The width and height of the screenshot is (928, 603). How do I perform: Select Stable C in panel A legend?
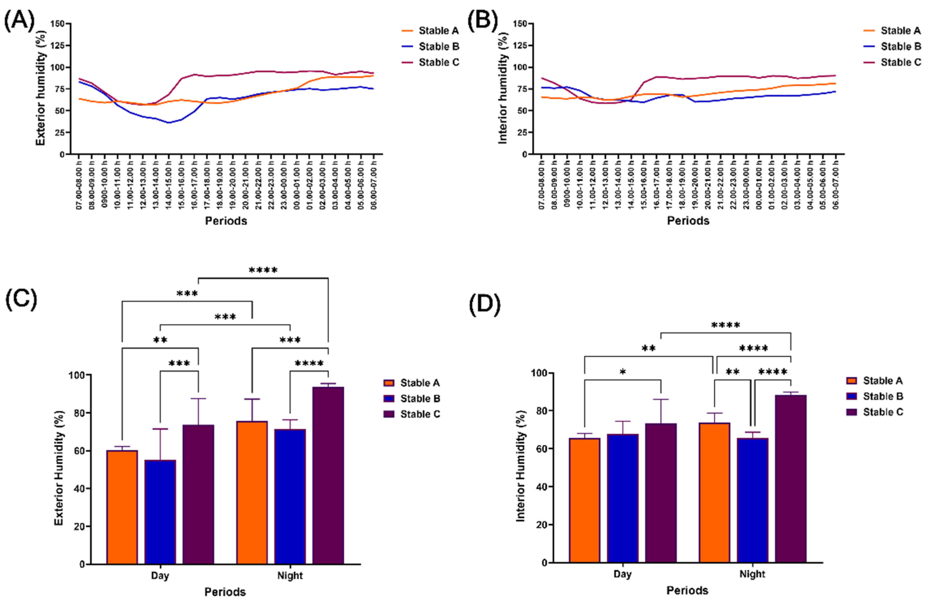[439, 62]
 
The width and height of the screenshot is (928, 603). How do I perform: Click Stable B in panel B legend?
[901, 46]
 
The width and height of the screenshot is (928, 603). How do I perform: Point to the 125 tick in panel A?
[58, 45]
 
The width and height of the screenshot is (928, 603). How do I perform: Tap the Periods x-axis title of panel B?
[688, 221]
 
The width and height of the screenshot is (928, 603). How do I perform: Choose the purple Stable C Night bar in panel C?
[328, 475]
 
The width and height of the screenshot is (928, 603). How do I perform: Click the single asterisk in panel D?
[623, 372]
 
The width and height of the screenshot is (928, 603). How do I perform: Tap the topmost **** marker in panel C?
[263, 270]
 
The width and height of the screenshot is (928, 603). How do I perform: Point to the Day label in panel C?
[160, 576]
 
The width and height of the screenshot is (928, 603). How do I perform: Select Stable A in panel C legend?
[420, 383]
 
